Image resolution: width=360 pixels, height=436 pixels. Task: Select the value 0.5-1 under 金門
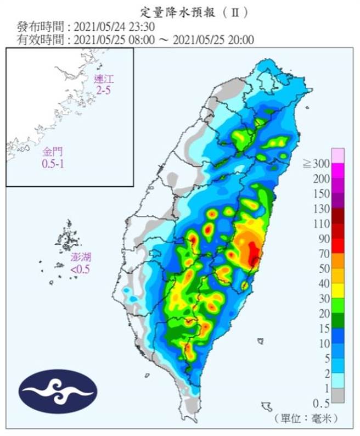tap(52, 164)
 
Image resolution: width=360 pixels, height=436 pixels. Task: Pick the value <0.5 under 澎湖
tap(81, 269)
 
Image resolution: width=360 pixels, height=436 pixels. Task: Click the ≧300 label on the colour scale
tap(318, 164)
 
